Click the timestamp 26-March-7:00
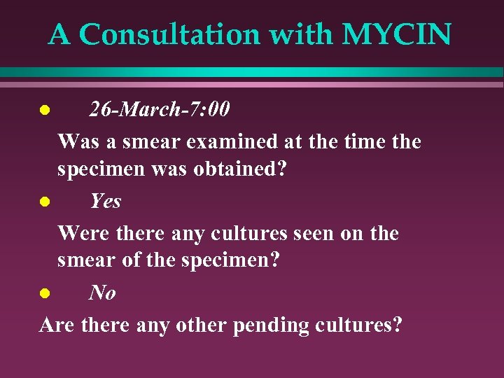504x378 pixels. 159,110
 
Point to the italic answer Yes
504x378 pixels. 105,202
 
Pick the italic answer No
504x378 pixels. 102,293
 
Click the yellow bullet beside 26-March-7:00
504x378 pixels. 44,111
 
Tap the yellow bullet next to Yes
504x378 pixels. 44,202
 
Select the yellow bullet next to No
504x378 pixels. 44,293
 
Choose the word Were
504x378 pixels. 79,232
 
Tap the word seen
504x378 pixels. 310,232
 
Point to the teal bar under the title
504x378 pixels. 252,72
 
